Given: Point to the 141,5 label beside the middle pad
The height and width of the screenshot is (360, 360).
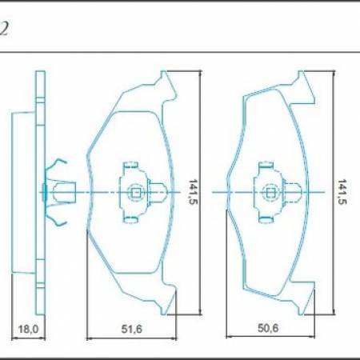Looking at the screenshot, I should coord(190,192).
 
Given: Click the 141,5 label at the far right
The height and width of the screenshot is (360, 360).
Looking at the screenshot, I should coord(342,192).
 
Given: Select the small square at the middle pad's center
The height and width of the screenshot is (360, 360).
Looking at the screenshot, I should coord(134,192).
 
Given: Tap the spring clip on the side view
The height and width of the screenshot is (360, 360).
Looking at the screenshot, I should coord(55,192).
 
